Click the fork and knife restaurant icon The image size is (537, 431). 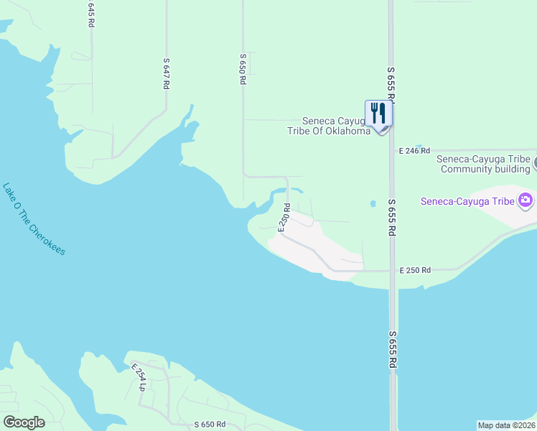378,113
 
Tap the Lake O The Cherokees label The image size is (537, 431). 34,218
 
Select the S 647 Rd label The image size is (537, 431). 166,73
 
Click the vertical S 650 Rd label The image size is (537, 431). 243,70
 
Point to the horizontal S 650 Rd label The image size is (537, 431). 210,425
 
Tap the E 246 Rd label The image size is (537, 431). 414,151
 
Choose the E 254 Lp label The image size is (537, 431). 139,376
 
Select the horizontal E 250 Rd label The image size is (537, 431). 415,270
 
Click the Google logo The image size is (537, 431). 24,422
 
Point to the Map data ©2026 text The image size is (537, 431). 507,425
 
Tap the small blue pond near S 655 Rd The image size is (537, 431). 373,204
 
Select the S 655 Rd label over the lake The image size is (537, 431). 392,350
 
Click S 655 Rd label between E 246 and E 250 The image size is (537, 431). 392,218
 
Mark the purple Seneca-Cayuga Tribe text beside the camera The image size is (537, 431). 467,201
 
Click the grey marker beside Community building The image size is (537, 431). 534,164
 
